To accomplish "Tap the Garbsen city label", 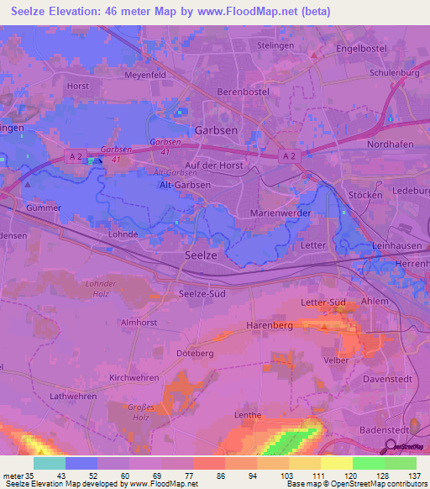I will (x=216, y=131).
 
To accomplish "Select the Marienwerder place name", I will (x=281, y=213).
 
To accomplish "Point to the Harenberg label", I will (x=270, y=324).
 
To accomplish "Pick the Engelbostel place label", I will (x=361, y=49).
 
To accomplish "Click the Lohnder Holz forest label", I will (x=101, y=289).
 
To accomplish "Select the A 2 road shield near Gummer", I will (x=75, y=156).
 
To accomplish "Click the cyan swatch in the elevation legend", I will (x=50, y=463).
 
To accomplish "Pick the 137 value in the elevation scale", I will (x=413, y=476).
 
